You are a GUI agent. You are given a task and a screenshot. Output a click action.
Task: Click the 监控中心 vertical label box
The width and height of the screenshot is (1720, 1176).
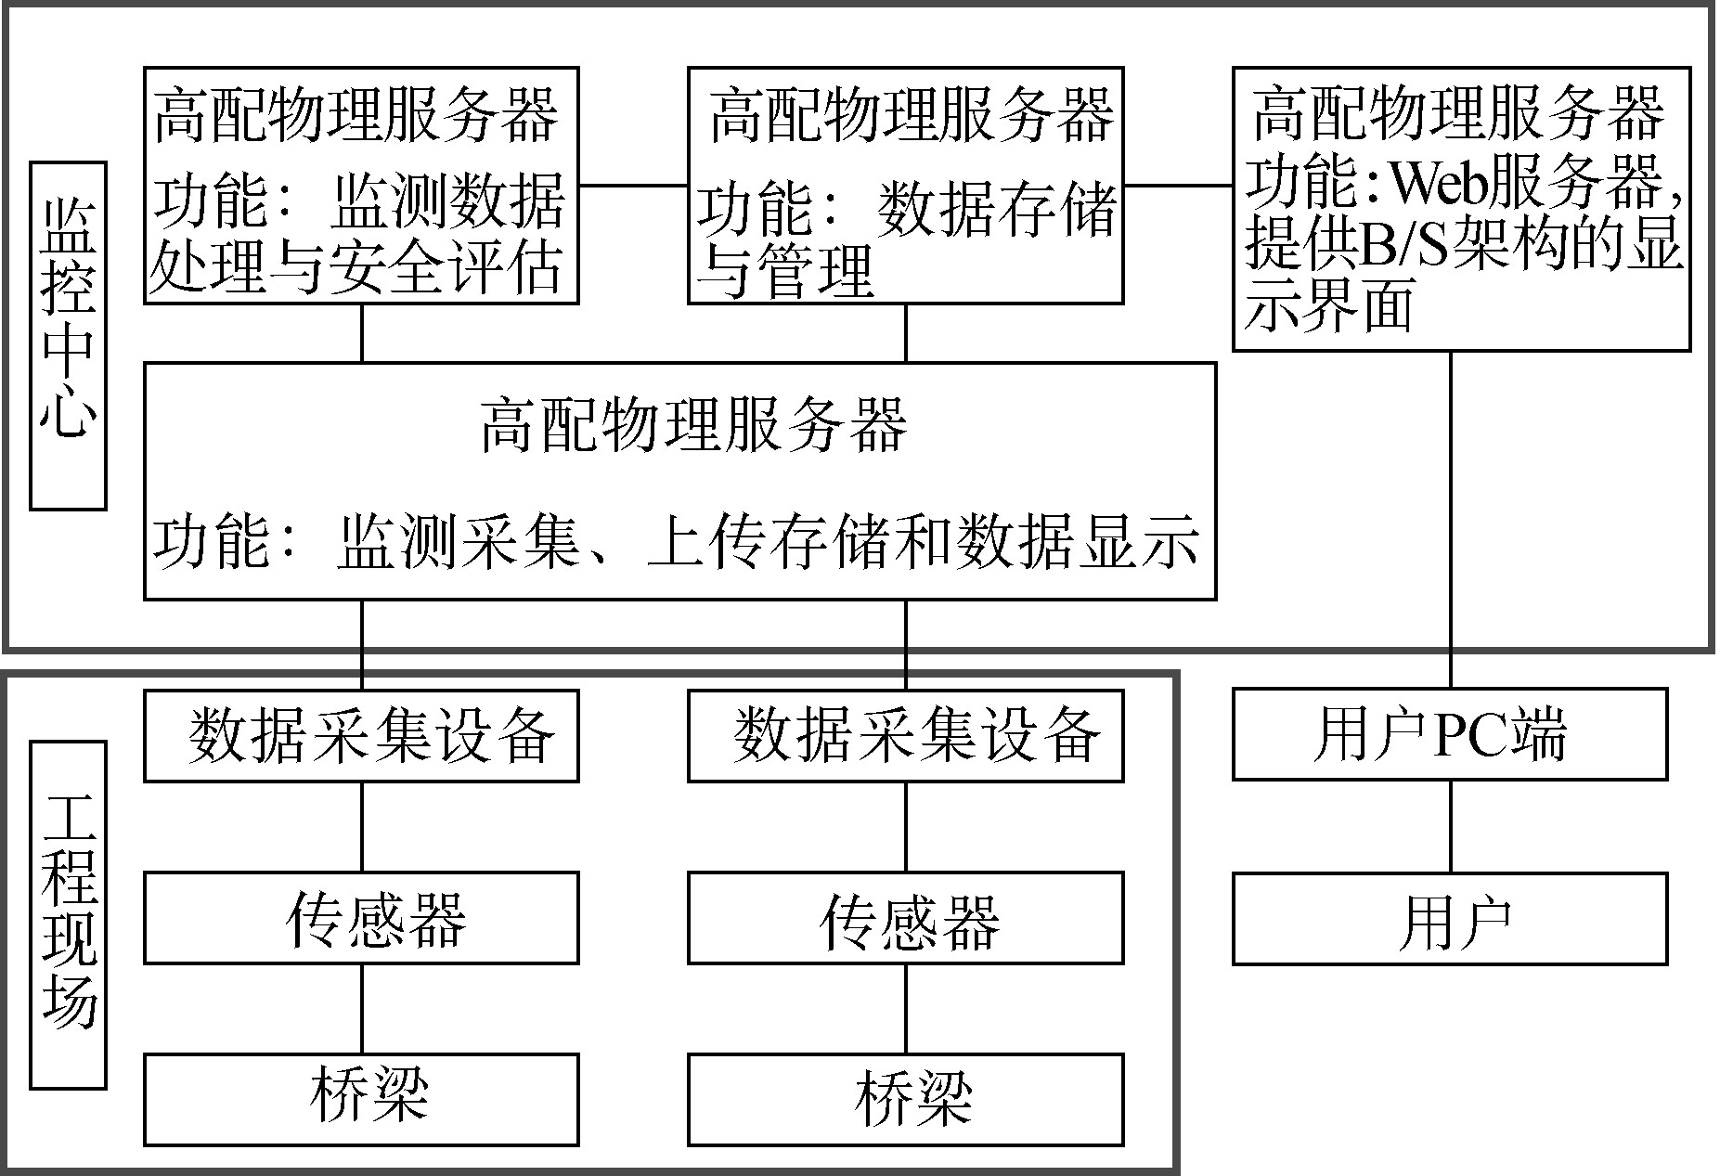68,336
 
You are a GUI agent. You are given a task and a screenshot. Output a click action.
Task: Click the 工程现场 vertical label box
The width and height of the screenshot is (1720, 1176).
68,913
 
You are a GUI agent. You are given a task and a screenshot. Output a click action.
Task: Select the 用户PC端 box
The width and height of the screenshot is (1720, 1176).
1449,734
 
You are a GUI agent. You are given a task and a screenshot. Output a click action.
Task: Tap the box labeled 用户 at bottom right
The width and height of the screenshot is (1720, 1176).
1449,919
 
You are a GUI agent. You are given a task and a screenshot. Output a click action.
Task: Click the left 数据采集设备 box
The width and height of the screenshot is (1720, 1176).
361,735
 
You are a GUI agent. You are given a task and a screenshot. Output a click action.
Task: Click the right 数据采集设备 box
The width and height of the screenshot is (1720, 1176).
905,735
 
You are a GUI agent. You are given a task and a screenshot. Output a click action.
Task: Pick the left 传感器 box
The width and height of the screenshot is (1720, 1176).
361,918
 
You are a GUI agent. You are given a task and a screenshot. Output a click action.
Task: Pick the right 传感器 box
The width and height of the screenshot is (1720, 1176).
905,918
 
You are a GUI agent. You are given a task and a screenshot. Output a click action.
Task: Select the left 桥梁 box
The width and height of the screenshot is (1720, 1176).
361,1099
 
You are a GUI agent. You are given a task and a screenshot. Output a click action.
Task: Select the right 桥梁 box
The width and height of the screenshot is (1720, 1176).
905,1099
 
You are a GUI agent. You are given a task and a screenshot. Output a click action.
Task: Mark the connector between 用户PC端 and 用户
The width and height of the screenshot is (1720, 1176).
1450,826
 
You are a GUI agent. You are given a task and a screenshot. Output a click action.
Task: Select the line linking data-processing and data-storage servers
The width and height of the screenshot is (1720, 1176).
633,185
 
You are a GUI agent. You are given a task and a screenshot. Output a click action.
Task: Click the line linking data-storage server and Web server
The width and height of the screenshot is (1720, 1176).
1178,185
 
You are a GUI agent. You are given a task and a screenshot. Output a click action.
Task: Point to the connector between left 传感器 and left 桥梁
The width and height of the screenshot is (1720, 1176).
361,1008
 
